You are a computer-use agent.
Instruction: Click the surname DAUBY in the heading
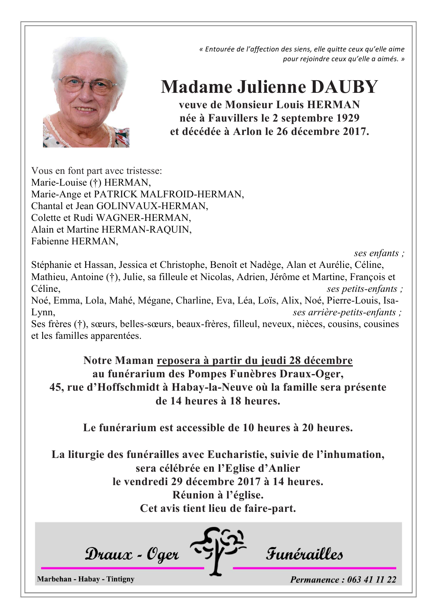click(x=344, y=87)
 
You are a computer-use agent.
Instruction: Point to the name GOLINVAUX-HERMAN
click(x=152, y=206)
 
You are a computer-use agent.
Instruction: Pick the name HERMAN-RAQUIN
click(x=146, y=230)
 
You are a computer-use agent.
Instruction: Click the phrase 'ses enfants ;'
click(x=379, y=253)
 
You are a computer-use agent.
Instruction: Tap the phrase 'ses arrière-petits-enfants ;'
click(x=347, y=312)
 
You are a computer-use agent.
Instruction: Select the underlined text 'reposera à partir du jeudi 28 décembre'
click(x=255, y=361)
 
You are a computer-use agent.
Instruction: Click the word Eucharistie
click(x=237, y=455)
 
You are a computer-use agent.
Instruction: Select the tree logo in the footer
click(x=218, y=550)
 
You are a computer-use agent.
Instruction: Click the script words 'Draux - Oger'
click(x=132, y=554)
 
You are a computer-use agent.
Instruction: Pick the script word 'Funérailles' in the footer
click(x=304, y=554)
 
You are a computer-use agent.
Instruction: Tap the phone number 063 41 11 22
click(x=372, y=580)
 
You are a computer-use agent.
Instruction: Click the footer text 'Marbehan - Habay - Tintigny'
click(x=86, y=579)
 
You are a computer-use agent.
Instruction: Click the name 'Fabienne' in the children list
click(x=50, y=242)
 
